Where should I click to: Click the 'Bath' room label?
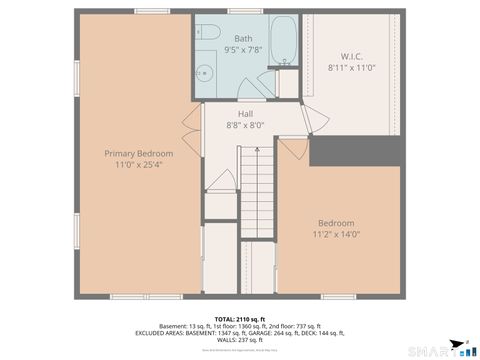(x=243, y=37)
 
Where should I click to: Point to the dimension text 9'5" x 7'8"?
(x=243, y=48)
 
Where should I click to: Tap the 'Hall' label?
(x=245, y=113)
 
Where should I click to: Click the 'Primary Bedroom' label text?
(x=139, y=153)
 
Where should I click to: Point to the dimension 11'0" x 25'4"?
(x=139, y=165)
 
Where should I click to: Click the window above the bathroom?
(x=243, y=11)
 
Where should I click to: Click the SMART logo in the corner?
(x=440, y=349)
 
